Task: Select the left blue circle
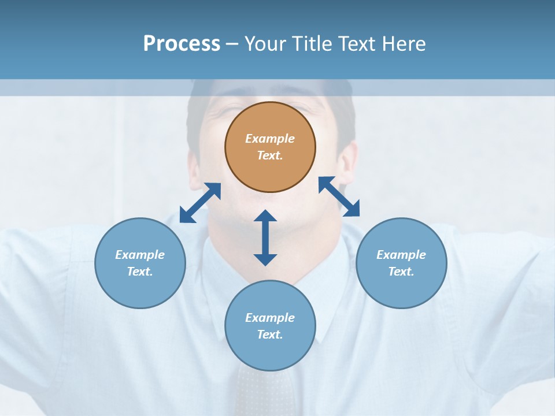coord(140,263)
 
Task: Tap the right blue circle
coord(401,263)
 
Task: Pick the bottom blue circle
coord(270,325)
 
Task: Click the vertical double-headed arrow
coord(265,237)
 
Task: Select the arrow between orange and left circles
coord(200,203)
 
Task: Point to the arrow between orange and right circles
coord(339,196)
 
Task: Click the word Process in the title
coord(182,43)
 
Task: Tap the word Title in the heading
coord(313,43)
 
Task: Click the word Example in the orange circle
coord(270,139)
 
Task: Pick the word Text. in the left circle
coord(140,272)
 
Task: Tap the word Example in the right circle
coord(401,255)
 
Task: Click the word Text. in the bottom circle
coord(270,335)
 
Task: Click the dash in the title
coord(232,44)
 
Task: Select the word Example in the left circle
coord(140,255)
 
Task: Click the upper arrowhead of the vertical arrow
coord(265,217)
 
